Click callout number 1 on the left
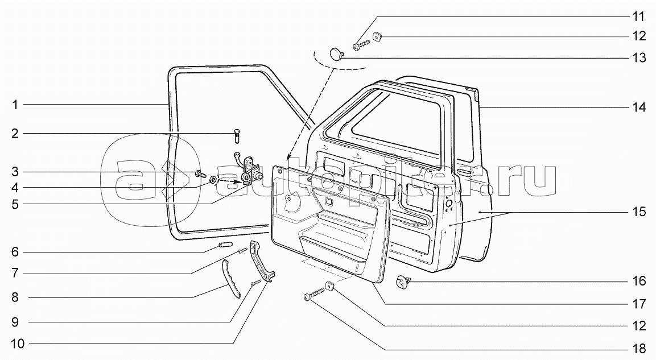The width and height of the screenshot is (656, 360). pyautogui.click(x=16, y=105)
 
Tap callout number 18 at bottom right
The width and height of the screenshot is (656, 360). pyautogui.click(x=638, y=347)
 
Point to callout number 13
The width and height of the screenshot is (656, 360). pyautogui.click(x=638, y=57)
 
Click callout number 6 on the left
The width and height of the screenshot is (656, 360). pyautogui.click(x=16, y=251)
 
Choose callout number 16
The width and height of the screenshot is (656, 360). pyautogui.click(x=638, y=281)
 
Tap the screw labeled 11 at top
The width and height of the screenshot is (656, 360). pyautogui.click(x=360, y=42)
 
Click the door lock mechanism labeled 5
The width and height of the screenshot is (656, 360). pyautogui.click(x=249, y=172)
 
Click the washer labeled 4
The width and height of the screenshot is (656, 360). pyautogui.click(x=213, y=180)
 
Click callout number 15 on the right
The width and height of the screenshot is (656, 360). pyautogui.click(x=638, y=212)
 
